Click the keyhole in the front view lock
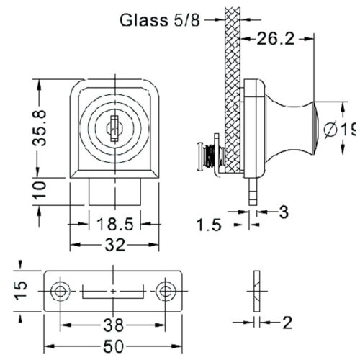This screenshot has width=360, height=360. [x=113, y=129]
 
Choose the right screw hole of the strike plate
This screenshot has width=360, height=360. [x=166, y=291]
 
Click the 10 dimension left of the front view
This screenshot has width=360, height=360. [x=41, y=192]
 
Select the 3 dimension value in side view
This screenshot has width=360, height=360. [x=283, y=212]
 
